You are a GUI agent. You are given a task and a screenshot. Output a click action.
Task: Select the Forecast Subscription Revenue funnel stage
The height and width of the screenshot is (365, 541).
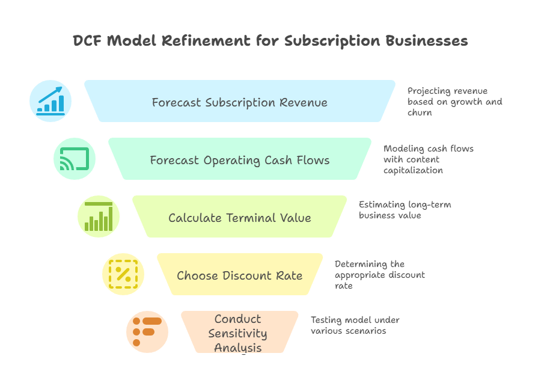239,102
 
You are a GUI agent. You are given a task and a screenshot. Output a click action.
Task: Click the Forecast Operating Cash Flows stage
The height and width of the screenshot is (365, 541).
239,160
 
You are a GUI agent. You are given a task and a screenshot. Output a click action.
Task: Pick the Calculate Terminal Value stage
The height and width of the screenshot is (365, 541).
239,218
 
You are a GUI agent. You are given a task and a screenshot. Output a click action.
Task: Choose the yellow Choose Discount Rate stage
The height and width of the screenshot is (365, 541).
239,275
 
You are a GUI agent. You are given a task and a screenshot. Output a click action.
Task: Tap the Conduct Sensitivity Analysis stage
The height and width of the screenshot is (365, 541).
240,333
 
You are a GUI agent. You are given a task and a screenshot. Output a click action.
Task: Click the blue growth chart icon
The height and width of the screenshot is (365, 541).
50,101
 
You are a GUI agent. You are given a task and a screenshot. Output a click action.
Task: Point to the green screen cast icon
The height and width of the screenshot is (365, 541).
75,159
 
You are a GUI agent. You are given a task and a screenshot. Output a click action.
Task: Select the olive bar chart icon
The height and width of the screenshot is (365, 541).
99,216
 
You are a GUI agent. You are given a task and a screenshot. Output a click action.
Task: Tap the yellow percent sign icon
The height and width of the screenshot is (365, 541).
123,274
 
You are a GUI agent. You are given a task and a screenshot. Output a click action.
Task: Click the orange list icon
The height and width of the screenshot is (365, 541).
147,331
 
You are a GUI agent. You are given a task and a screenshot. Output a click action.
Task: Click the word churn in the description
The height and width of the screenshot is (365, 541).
420,112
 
